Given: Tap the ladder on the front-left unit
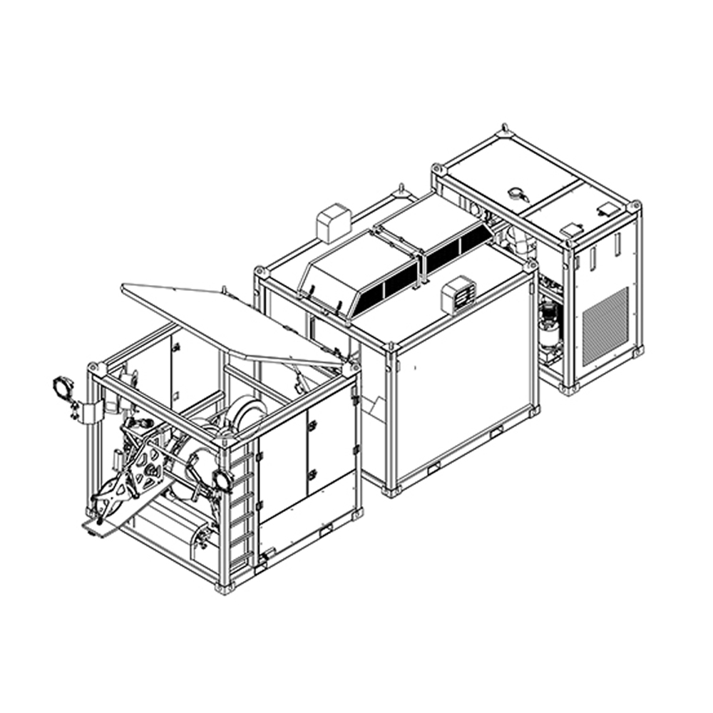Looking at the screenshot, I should pos(242,513).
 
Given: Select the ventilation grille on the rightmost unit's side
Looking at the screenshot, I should pos(605,325).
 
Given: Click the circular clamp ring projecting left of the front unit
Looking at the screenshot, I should pos(63,389).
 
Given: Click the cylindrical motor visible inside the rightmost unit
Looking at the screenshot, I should pos(548,324).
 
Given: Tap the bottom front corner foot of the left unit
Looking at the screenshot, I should pos(225,588).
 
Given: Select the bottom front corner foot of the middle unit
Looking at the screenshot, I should pos(390,491).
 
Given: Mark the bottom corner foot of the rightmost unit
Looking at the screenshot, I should pos(568,389).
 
